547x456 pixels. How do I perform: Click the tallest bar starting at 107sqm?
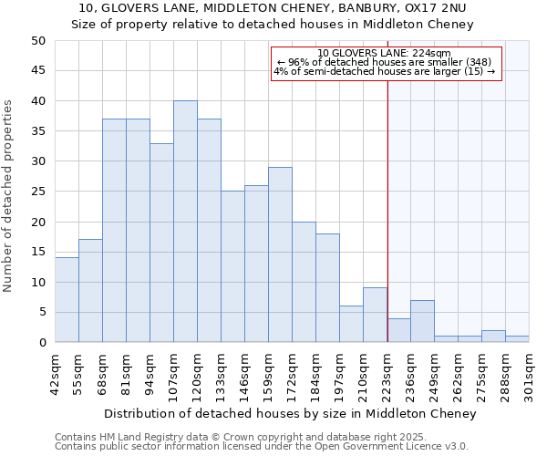(185, 222)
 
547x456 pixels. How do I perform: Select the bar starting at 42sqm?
(67, 300)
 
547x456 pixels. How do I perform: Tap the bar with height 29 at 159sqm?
(280, 254)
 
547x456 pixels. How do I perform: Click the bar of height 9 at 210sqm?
(375, 315)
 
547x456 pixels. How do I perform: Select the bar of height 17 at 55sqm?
(90, 291)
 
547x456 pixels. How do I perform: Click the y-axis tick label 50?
(38, 41)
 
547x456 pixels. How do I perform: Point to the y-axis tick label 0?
(42, 343)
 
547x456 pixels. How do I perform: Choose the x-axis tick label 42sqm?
(55, 371)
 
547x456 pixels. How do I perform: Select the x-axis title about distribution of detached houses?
(290, 414)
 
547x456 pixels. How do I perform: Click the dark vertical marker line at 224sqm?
(387, 210)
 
